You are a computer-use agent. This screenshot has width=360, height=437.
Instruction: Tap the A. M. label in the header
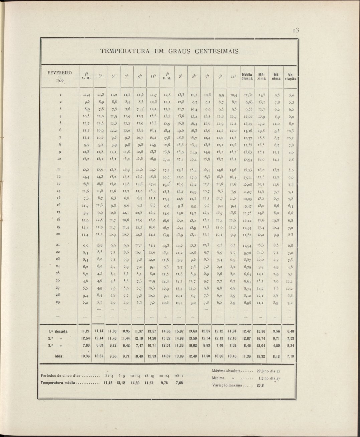click(x=86, y=79)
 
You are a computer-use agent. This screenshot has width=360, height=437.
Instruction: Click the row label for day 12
click(x=59, y=177)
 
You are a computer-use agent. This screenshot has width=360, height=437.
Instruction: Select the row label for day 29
click(x=59, y=302)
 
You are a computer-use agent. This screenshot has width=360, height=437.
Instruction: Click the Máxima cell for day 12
click(x=261, y=177)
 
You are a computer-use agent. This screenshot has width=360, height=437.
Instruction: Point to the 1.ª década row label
click(x=59, y=331)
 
